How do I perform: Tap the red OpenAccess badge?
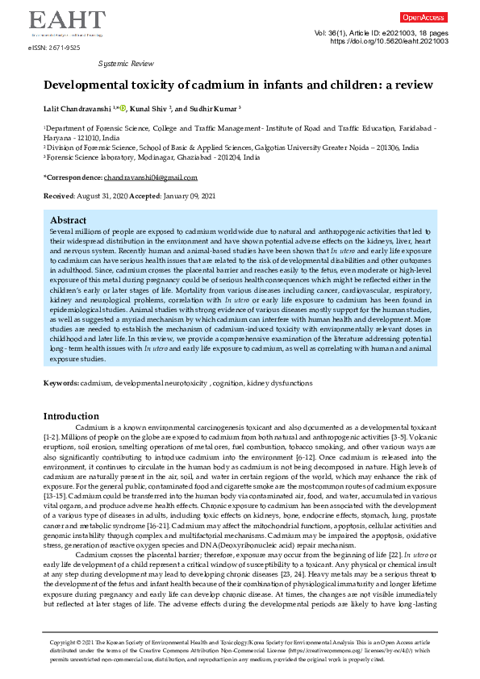click(424, 17)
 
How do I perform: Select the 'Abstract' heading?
click(68, 220)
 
